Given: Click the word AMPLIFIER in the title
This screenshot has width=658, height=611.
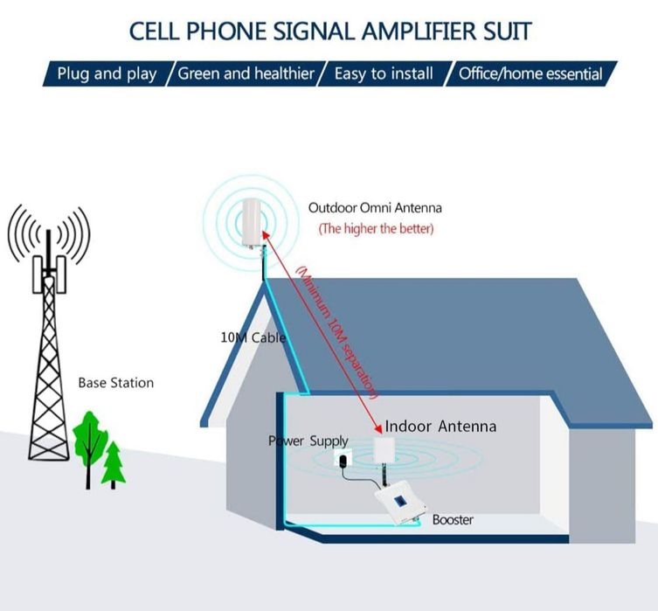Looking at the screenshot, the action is click(419, 31).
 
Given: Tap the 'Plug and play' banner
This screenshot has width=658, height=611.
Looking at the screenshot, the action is click(107, 73).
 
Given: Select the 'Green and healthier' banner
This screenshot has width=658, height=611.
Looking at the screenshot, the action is click(246, 73).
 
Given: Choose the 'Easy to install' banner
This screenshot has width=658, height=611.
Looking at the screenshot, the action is click(384, 73).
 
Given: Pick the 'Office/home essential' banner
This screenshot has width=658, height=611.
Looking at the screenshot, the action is click(530, 73).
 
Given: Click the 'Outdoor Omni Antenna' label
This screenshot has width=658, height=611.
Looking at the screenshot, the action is click(375, 208).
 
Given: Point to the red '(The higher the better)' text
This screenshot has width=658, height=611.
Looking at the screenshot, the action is click(376, 229).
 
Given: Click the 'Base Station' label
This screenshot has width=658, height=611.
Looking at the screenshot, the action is click(116, 383).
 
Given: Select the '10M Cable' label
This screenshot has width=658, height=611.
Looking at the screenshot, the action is click(253, 337).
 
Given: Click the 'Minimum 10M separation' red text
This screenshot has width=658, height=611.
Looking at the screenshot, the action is click(336, 331).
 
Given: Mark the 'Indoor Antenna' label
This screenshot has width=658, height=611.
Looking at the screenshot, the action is click(440, 427).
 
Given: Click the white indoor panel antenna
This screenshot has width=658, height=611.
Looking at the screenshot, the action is click(384, 451).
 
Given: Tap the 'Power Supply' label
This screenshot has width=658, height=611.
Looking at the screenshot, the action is click(308, 441).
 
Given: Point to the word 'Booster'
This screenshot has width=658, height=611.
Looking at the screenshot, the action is click(453, 520).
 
